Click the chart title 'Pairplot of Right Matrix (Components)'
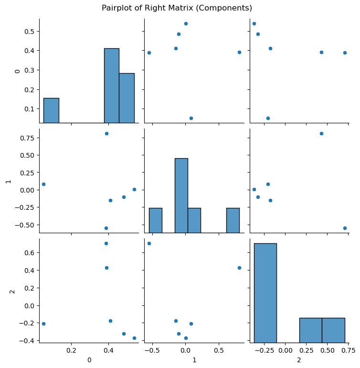177,8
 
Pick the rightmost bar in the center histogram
233,220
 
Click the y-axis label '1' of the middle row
7,182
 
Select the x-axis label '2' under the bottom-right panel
299,359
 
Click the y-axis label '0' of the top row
18,71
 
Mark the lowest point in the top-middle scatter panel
191,118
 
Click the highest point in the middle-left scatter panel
106,133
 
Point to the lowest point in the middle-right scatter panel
345,228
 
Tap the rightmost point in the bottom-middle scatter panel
239,268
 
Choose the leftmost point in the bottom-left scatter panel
43,324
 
